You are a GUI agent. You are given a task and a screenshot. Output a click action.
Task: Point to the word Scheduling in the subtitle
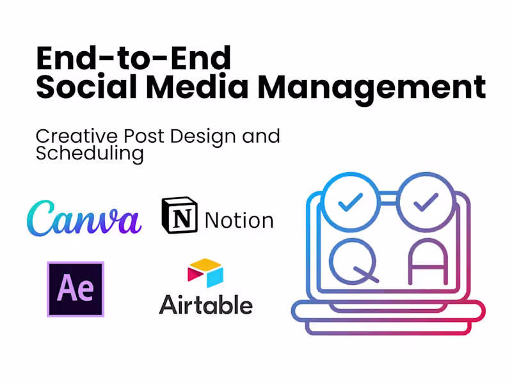click(89, 154)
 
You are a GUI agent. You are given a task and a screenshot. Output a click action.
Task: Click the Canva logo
click(84, 219)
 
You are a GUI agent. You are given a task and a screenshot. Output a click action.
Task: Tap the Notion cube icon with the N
click(179, 215)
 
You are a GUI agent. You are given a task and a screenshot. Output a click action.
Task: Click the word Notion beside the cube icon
click(239, 220)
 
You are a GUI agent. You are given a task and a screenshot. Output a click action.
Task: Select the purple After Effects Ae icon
click(76, 289)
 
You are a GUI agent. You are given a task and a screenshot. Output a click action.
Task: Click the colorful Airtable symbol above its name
click(205, 273)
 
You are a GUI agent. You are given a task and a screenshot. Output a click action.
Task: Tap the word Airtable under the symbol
click(205, 304)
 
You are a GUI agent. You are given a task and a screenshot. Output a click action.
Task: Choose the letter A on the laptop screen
click(428, 262)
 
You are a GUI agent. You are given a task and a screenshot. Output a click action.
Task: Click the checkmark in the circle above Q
click(350, 202)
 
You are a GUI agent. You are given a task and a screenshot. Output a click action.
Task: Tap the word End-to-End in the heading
click(133, 58)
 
